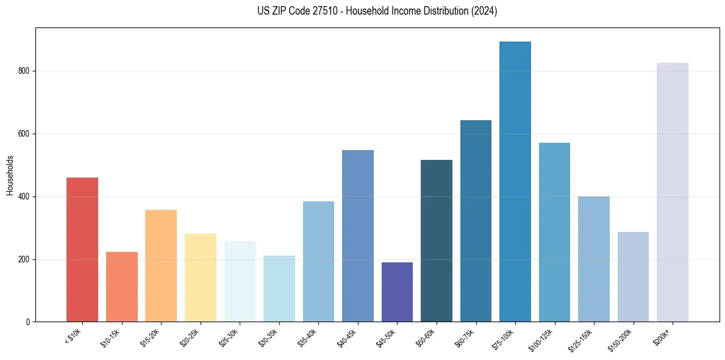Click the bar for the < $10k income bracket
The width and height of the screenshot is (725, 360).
click(82, 250)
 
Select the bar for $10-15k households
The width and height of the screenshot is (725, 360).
click(121, 287)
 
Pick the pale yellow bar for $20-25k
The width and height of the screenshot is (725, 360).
click(201, 278)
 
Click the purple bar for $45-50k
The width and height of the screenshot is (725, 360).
click(397, 292)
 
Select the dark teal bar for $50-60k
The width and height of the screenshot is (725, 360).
click(437, 241)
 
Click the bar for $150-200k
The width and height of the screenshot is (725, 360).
click(633, 277)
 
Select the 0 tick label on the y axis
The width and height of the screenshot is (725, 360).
click(30, 322)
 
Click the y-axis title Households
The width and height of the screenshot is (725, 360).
click(10, 175)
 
